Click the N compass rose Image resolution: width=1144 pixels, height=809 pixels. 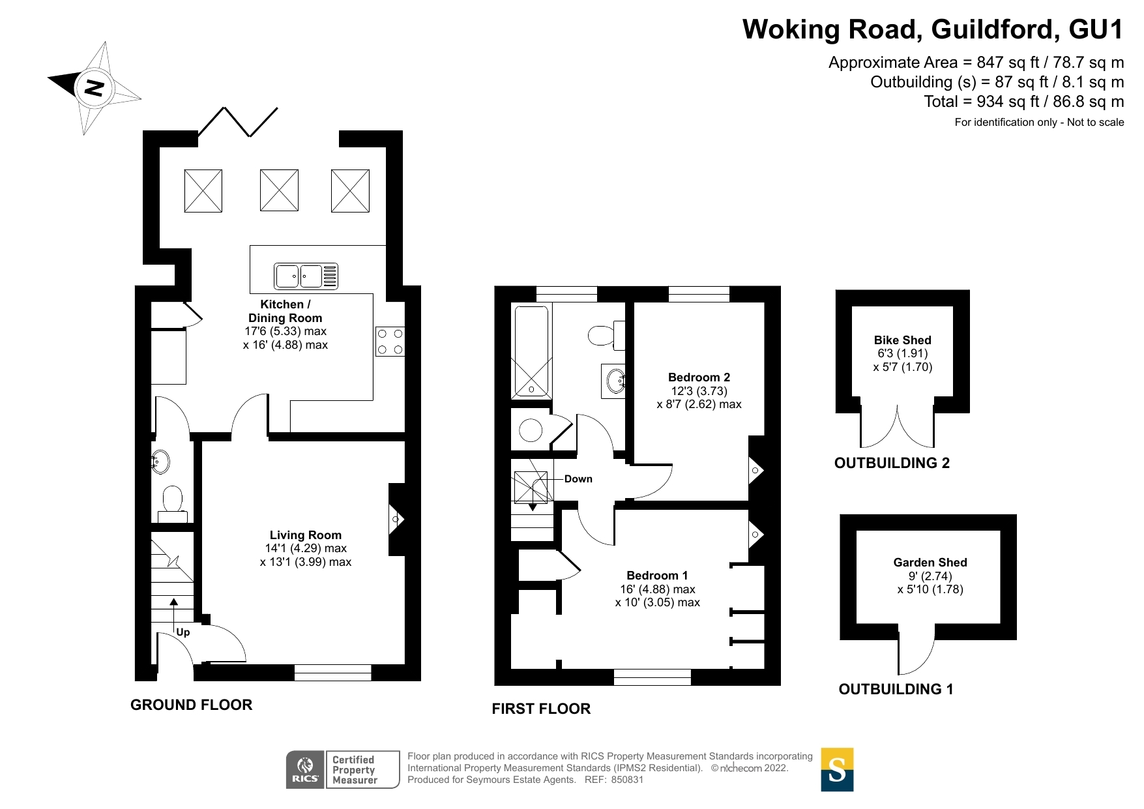(95, 87)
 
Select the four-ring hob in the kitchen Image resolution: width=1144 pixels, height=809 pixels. (390, 342)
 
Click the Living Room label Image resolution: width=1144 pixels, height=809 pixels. (305, 535)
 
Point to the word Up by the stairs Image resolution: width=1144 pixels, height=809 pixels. (183, 632)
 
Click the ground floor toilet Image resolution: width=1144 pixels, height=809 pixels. (173, 501)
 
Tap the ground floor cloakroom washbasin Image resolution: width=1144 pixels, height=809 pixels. (160, 462)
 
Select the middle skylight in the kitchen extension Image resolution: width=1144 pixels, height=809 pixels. (279, 190)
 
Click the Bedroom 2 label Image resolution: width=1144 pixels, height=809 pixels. (699, 377)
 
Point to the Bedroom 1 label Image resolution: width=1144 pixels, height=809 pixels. (657, 576)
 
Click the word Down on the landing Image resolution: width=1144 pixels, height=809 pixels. (578, 479)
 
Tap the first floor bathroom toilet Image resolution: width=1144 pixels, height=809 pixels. (603, 336)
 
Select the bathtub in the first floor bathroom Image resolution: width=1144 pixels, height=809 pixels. (532, 352)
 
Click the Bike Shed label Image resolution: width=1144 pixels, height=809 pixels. (902, 340)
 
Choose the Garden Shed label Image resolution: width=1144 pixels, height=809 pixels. (930, 563)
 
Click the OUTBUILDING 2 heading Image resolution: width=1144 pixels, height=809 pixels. (892, 463)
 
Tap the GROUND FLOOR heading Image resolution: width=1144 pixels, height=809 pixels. (191, 705)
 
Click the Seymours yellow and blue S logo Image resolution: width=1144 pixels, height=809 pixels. (837, 770)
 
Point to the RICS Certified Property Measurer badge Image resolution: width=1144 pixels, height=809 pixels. (343, 770)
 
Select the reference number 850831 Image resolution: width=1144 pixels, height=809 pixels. (627, 780)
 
